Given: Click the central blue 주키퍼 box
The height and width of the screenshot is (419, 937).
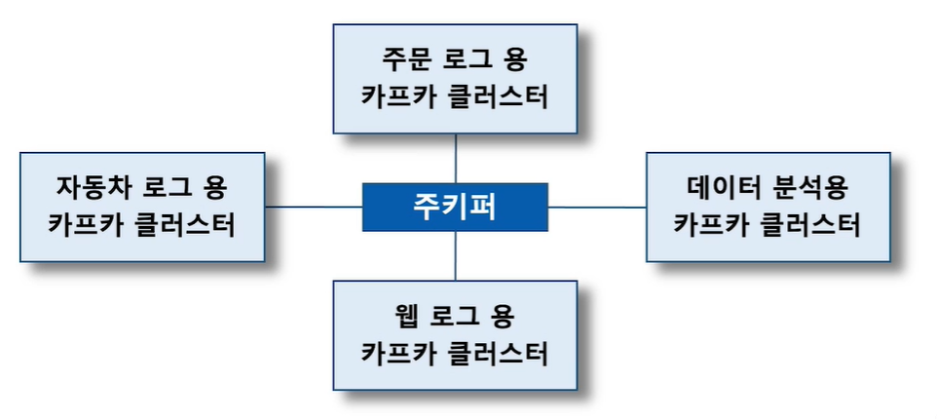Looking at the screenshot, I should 456,207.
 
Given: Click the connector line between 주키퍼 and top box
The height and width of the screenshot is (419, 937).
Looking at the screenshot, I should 456,158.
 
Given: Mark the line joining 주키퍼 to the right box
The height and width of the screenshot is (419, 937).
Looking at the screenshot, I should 597,207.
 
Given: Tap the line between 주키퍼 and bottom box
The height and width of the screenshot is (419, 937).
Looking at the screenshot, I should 456,256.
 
